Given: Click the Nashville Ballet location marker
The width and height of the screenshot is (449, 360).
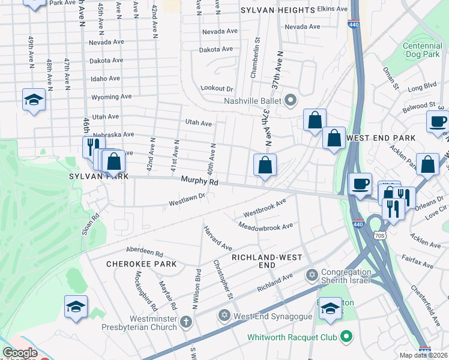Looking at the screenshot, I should point(292,100).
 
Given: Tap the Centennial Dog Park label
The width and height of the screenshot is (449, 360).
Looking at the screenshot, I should point(422,50).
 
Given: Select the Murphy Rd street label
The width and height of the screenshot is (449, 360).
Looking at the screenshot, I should point(196,181).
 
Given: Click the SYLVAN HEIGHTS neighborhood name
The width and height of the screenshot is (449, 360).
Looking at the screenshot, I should point(277,11).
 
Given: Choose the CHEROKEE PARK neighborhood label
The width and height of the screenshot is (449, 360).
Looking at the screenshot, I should point(141,264).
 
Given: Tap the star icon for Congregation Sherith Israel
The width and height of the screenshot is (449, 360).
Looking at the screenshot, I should point(311,275).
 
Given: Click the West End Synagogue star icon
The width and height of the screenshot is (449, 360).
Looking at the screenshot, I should point(224,316).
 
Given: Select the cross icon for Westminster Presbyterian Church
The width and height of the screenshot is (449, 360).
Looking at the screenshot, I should point(186,321).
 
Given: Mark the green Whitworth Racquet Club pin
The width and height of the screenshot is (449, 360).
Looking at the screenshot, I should point(346,337).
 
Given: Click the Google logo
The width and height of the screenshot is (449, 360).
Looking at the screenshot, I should point(20,353).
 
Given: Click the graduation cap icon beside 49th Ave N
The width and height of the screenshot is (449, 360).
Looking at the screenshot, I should point(34,101).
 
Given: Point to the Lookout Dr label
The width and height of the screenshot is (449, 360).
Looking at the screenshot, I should point(217,88).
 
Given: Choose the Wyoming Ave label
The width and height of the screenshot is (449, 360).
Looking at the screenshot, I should point(111,97).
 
